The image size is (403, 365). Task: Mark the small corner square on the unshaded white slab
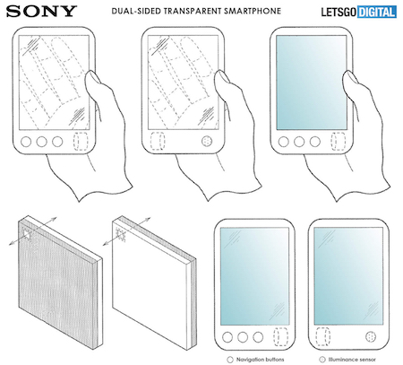pyautogui.click(x=123, y=237)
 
